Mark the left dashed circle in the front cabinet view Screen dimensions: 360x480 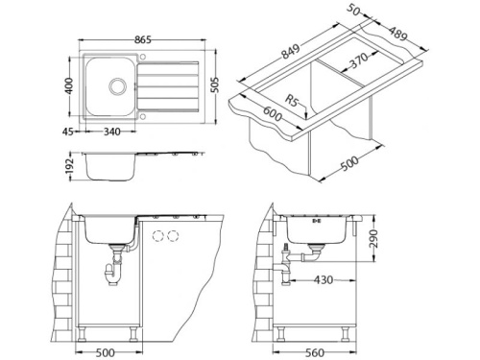coord(157,236)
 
